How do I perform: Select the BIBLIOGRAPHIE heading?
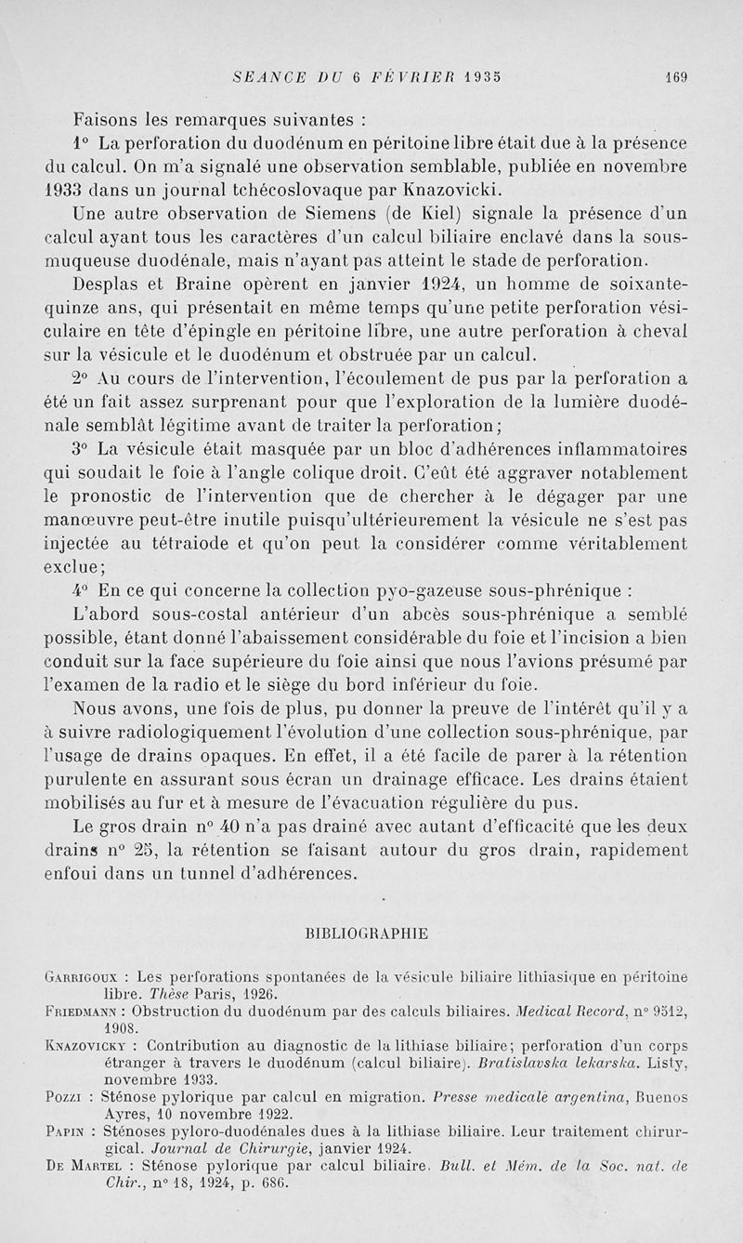(366, 932)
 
